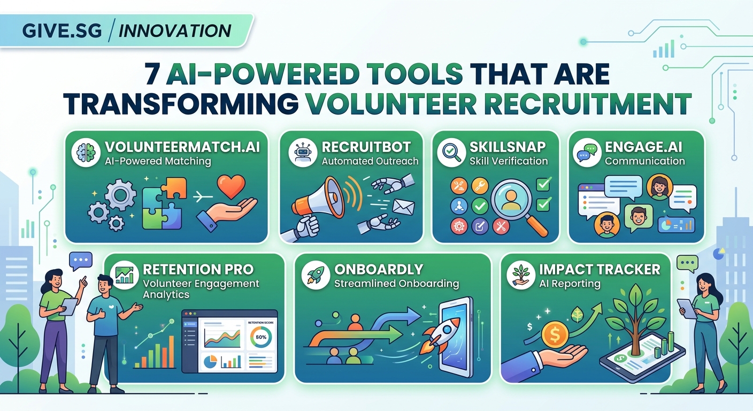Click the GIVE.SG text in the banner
(62, 30)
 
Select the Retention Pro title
(198, 269)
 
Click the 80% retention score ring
(260, 338)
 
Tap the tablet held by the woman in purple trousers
(70, 307)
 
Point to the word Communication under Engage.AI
(644, 161)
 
